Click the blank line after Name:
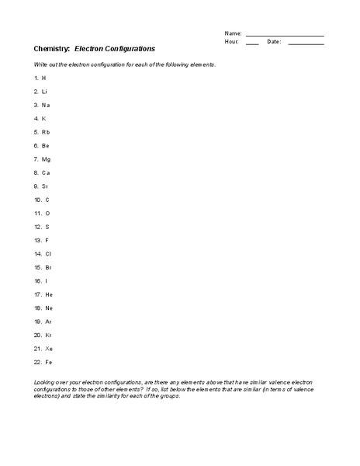pyautogui.click(x=285, y=34)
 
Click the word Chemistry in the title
pyautogui.click(x=51, y=48)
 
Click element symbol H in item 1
pyautogui.click(x=44, y=78)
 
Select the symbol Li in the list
pyautogui.click(x=45, y=92)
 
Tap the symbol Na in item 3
pyautogui.click(x=47, y=105)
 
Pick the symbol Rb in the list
pyautogui.click(x=46, y=132)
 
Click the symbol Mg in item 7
pyautogui.click(x=47, y=159)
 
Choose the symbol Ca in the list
pyautogui.click(x=47, y=172)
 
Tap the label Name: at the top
pyautogui.click(x=233, y=34)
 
